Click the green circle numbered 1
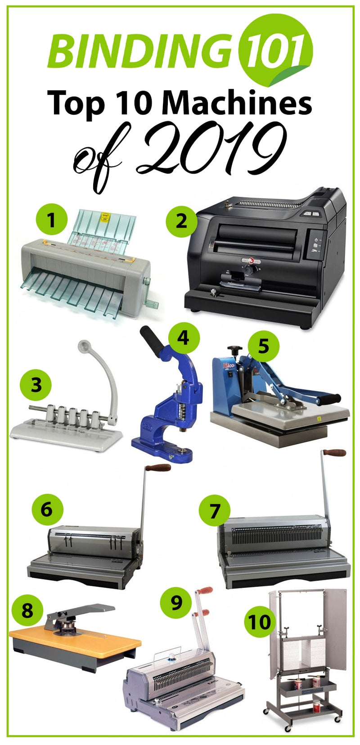pos(51,220)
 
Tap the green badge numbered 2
pos(181,221)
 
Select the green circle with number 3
pos(36,385)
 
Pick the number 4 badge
pos(183,338)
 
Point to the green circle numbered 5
pos(263,347)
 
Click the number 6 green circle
pos(47,510)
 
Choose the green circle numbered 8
pos(27,611)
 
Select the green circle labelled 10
pos(260,621)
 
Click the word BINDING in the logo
pos(140,50)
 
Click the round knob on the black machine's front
pos(248,269)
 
